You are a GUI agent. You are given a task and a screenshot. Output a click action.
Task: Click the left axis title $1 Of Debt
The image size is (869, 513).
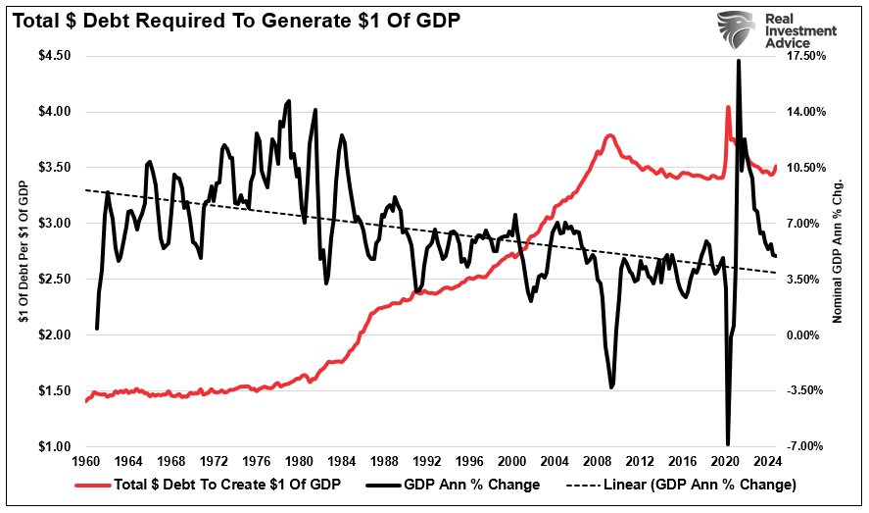point(21,250)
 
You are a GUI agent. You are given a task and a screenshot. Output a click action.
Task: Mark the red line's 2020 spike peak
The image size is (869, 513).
point(727,107)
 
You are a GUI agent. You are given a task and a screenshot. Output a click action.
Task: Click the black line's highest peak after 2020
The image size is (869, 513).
point(737,61)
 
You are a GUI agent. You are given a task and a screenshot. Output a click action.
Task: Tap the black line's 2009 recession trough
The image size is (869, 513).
point(611,386)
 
